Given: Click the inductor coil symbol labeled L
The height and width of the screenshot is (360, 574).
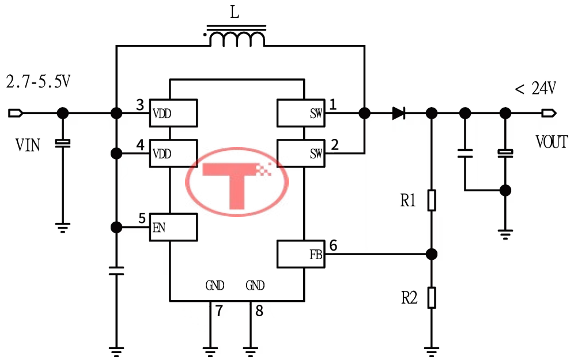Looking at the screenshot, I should (x=237, y=39).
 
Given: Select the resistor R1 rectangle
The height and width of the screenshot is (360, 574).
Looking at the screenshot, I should (x=431, y=200).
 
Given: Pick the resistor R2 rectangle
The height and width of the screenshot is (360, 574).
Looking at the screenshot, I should (x=431, y=298).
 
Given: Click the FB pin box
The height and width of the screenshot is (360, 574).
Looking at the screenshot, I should (x=300, y=254).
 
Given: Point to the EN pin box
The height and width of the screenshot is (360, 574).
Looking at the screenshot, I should (x=173, y=227).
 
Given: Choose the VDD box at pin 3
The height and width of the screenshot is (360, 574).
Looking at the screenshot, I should (x=173, y=113).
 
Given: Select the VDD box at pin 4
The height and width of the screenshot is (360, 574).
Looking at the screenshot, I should (x=173, y=153).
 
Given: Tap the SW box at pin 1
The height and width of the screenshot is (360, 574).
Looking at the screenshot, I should (x=300, y=113).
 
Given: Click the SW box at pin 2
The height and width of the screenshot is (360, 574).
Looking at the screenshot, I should (x=300, y=153).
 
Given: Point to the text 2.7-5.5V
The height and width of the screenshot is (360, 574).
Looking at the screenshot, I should (x=38, y=82).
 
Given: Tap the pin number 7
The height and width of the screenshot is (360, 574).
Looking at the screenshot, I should (x=218, y=312).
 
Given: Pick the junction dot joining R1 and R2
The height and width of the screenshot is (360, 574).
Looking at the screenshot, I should (x=431, y=253).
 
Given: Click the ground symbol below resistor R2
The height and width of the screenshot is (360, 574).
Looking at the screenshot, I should (x=431, y=348).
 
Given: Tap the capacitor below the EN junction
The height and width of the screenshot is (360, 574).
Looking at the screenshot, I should (x=116, y=271).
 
